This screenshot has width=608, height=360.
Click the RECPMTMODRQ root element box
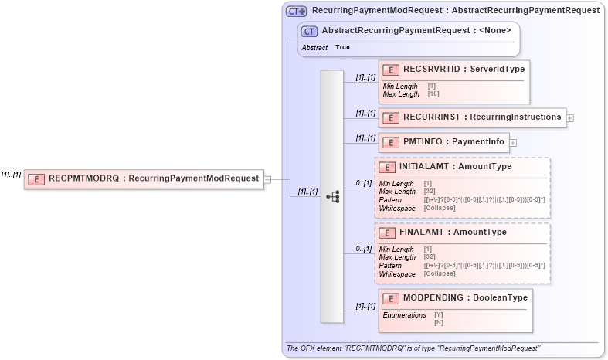click(x=144, y=178)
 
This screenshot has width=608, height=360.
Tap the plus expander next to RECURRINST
click(x=570, y=118)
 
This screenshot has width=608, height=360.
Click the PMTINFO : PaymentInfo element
click(x=443, y=141)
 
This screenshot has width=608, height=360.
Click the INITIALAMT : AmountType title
click(x=455, y=166)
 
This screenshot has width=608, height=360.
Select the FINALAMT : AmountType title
click(x=453, y=232)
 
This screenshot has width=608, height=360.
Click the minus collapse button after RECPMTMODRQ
click(x=267, y=179)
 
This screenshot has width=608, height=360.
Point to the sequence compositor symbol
click(x=332, y=197)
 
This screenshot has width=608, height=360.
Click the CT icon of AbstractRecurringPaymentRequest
click(x=310, y=31)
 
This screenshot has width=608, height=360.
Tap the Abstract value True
click(x=342, y=48)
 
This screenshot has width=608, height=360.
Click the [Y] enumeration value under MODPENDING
click(x=438, y=315)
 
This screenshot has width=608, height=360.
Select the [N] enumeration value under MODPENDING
click(x=438, y=322)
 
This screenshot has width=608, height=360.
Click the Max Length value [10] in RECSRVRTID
click(x=433, y=94)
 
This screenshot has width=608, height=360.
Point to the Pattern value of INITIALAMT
click(x=484, y=200)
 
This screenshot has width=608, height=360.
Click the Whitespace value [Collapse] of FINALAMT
click(x=440, y=273)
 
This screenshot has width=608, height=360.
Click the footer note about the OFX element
click(x=413, y=348)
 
